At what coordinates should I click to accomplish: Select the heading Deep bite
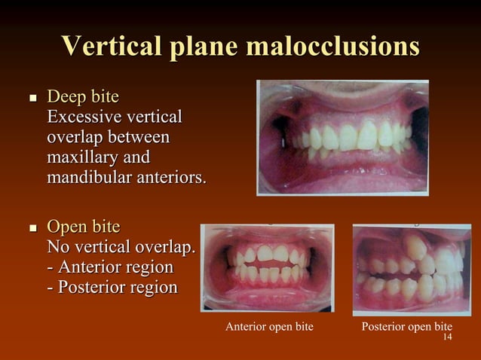[x=83, y=98]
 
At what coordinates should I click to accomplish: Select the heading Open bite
[x=84, y=227]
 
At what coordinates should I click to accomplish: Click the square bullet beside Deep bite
[x=32, y=99]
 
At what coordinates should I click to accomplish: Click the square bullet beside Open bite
[x=32, y=227]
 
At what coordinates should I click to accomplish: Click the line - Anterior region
[x=110, y=267]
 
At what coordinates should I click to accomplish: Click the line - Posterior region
[x=112, y=288]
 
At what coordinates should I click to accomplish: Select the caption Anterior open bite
[x=269, y=327]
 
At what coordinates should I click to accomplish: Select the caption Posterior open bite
[x=406, y=327]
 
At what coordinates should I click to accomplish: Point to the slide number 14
[x=447, y=337]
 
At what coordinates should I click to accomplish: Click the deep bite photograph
[x=343, y=138]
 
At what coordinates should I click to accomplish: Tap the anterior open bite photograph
[x=267, y=267]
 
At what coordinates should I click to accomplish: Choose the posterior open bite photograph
[x=411, y=268]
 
